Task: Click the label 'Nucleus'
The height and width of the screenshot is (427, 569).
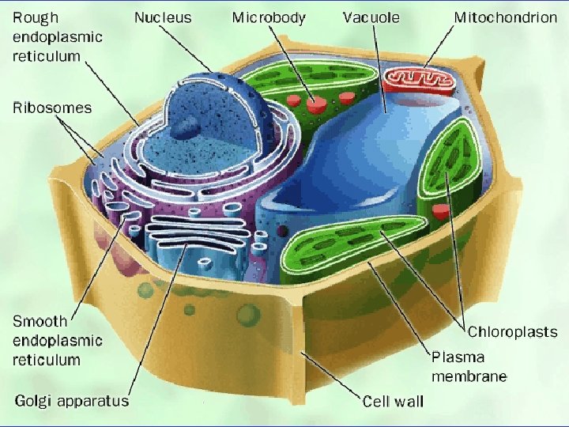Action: pyautogui.click(x=162, y=17)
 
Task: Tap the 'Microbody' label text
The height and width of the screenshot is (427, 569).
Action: pyautogui.click(x=269, y=17)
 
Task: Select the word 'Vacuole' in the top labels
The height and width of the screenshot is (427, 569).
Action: pyautogui.click(x=371, y=17)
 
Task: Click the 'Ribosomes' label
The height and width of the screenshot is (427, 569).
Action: pyautogui.click(x=52, y=108)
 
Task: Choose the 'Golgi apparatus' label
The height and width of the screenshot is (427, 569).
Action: pyautogui.click(x=71, y=401)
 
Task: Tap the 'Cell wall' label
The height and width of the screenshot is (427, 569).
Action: pyautogui.click(x=393, y=401)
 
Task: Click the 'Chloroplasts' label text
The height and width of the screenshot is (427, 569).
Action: pyautogui.click(x=512, y=333)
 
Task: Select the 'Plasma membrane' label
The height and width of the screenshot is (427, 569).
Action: pyautogui.click(x=469, y=365)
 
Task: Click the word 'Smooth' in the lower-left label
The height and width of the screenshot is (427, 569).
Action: pyautogui.click(x=40, y=321)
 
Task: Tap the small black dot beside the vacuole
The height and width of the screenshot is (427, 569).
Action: pyautogui.click(x=282, y=231)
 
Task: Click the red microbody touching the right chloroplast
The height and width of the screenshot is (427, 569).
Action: pyautogui.click(x=441, y=211)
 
